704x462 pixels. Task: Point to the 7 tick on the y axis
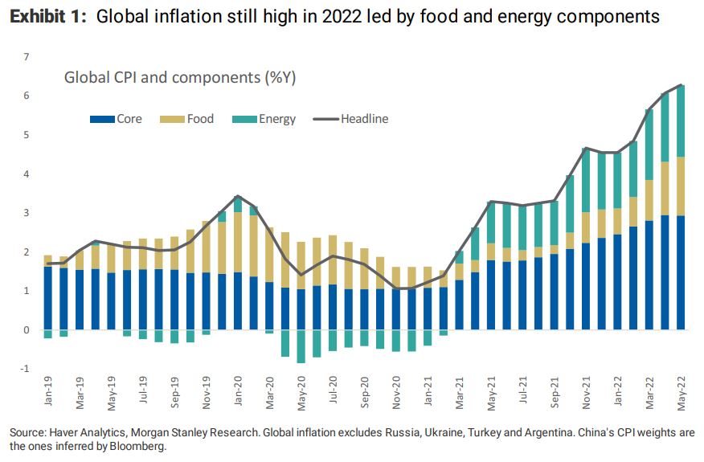[27, 57]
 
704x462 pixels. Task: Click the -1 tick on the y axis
[25, 369]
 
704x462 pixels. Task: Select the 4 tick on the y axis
[27, 174]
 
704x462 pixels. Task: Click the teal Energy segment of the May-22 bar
[681, 121]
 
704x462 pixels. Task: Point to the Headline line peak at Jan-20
[238, 196]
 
